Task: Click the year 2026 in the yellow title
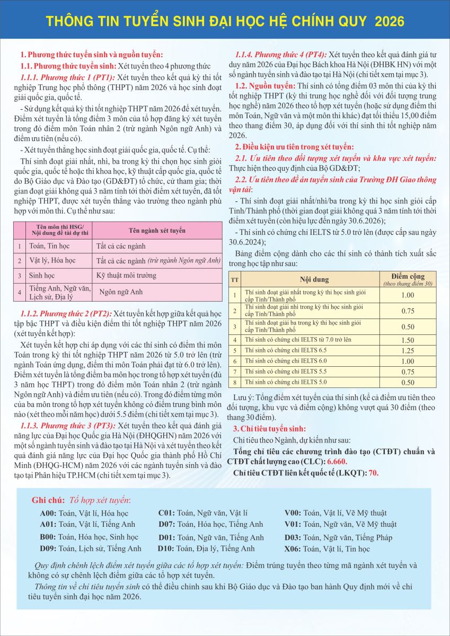coord(389,21)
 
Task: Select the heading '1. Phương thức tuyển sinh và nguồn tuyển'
coord(91,55)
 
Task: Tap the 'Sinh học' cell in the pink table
coord(42,276)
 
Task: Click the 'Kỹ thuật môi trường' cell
coord(126,276)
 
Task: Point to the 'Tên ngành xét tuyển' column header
coord(157,231)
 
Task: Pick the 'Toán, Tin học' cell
coord(49,246)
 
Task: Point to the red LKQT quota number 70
coord(373,473)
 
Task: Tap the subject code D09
coord(48,549)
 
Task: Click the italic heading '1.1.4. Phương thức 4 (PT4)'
coord(281,55)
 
